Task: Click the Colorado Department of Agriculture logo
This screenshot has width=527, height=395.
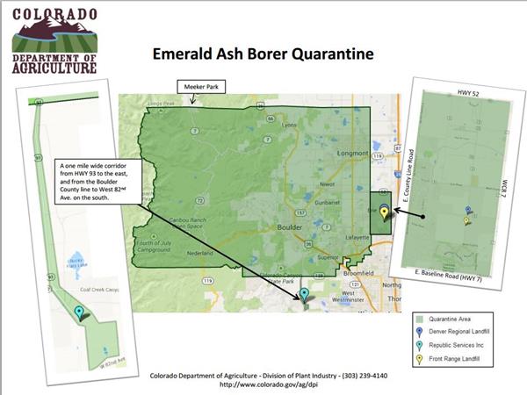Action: tap(54, 41)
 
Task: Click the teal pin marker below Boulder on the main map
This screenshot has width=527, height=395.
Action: tap(305, 295)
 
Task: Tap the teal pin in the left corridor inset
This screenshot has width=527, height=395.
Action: tap(80, 312)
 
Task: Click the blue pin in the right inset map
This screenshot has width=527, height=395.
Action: tap(468, 211)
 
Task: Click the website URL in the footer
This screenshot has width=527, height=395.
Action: tap(263, 384)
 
